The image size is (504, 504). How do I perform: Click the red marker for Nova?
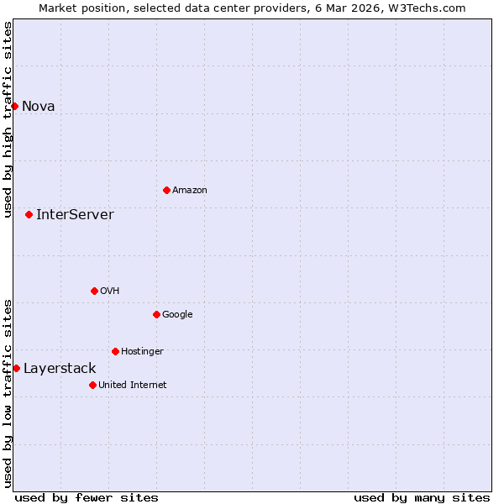(14, 106)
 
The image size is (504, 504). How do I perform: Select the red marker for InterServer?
(29, 214)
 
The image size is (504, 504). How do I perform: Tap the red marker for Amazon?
(166, 190)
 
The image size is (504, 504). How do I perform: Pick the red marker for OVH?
(94, 291)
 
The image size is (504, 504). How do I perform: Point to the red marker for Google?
(156, 314)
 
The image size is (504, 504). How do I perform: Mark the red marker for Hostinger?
(115, 351)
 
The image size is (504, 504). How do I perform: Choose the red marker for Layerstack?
(16, 368)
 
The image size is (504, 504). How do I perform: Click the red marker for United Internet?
(92, 385)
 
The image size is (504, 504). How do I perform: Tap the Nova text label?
(39, 106)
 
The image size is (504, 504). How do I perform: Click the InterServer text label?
(75, 214)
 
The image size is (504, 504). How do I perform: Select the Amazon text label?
(190, 190)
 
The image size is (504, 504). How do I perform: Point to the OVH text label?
(110, 291)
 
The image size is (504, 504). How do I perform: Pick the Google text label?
(177, 314)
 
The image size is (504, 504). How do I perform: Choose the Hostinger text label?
(142, 351)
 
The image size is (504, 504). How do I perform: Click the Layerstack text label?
(60, 368)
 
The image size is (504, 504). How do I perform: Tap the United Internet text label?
(133, 385)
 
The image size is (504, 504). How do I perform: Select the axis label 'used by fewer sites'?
(87, 497)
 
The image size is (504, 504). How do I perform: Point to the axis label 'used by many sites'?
(422, 497)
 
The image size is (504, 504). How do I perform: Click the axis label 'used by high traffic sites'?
(8, 119)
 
